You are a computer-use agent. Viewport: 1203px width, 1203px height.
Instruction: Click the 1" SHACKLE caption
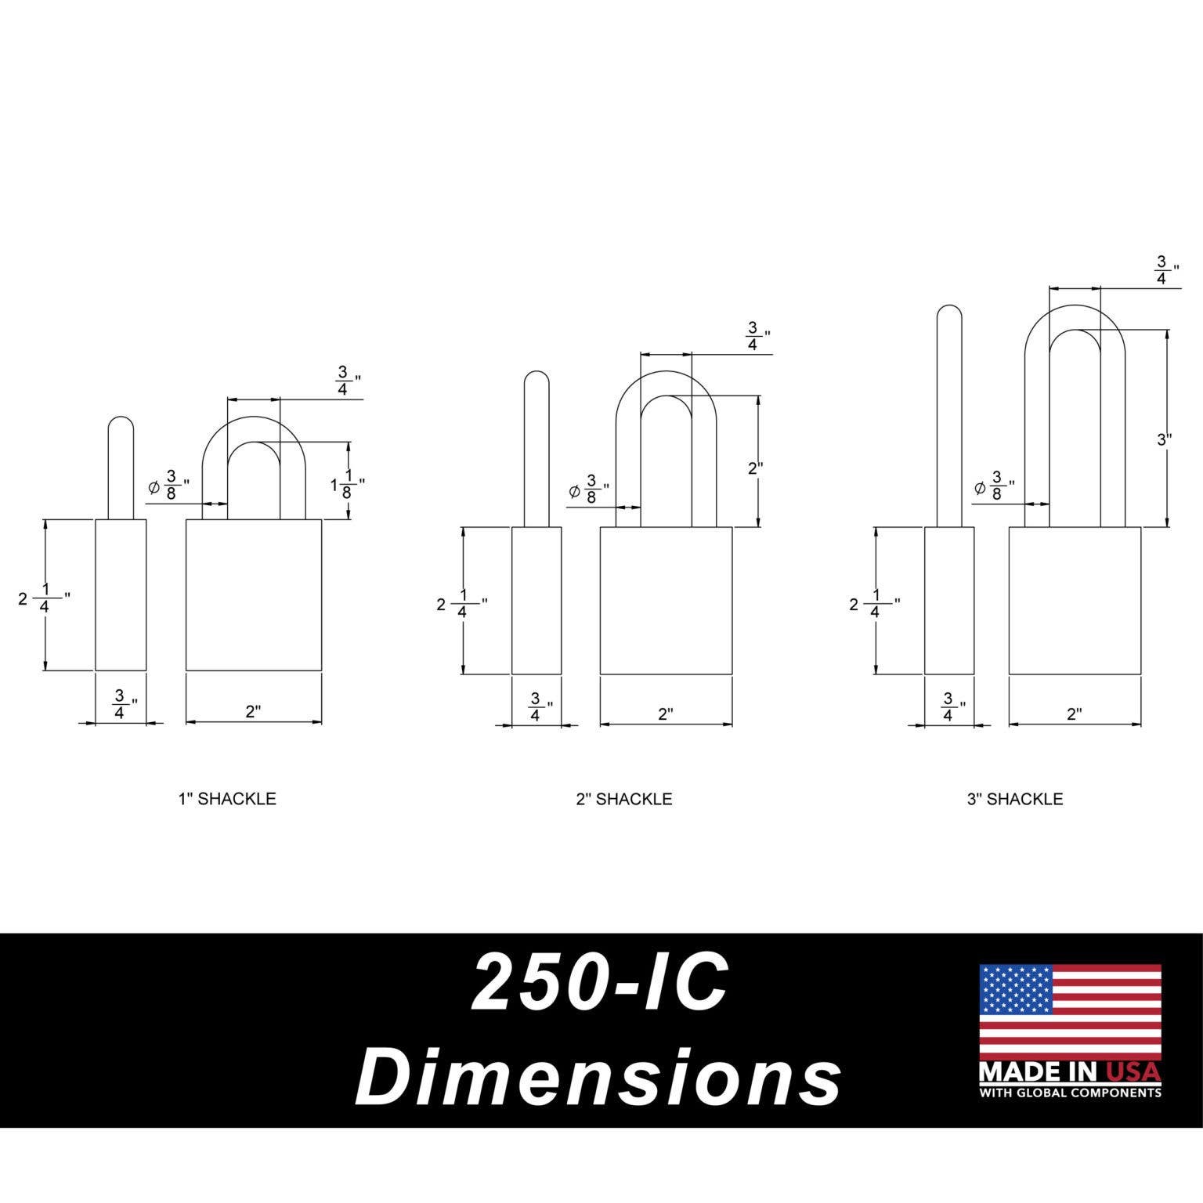(227, 799)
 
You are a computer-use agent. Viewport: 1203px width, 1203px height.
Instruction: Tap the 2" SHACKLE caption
(624, 799)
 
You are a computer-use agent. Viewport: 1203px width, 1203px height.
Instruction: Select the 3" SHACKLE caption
(1015, 799)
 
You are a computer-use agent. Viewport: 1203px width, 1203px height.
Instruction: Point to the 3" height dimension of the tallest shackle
(1165, 439)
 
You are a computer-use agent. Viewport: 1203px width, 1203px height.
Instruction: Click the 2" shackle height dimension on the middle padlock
(755, 468)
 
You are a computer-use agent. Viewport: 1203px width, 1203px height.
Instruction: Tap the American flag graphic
(1070, 1011)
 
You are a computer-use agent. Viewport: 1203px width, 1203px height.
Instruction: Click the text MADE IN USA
(1070, 1071)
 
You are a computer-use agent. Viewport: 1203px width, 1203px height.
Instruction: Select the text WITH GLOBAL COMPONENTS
(1070, 1093)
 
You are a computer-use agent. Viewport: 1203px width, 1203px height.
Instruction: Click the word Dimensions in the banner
(598, 1077)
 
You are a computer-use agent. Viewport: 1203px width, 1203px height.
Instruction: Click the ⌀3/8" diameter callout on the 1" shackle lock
(169, 486)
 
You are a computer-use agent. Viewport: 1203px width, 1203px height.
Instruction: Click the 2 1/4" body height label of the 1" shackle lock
(44, 599)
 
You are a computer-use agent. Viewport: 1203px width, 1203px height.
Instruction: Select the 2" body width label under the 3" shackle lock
(1075, 713)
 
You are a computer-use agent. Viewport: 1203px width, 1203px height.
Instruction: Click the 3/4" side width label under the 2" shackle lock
(536, 707)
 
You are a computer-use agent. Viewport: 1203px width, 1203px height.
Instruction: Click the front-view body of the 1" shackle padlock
(254, 595)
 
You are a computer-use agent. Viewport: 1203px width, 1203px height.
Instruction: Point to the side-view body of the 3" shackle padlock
(949, 601)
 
